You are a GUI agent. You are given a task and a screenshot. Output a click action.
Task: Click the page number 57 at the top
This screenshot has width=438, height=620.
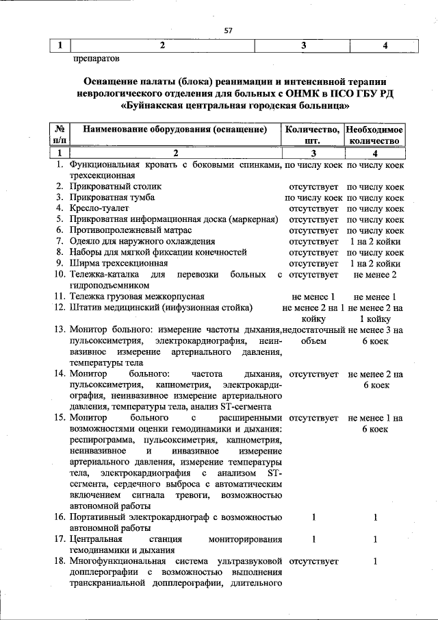[229, 30]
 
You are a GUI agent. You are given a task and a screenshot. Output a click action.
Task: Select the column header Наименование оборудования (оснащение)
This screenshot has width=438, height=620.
[174, 129]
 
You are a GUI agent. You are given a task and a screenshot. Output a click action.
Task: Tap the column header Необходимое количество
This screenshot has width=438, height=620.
[375, 134]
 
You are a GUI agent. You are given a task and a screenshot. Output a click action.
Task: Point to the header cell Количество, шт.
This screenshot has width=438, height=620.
[313, 134]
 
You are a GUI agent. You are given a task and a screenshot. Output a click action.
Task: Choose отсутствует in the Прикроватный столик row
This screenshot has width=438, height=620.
[313, 186]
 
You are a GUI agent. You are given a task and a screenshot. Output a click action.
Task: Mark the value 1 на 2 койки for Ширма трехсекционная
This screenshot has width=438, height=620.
[375, 263]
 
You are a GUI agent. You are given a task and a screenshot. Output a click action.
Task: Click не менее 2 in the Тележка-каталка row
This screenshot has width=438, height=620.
[375, 274]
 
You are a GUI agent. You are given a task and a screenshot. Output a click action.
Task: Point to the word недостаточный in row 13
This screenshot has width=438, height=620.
[313, 330]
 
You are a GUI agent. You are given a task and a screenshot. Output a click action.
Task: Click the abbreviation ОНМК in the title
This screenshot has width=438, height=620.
[307, 92]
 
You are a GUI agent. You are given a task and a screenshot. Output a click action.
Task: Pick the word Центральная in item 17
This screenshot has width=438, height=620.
[96, 539]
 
